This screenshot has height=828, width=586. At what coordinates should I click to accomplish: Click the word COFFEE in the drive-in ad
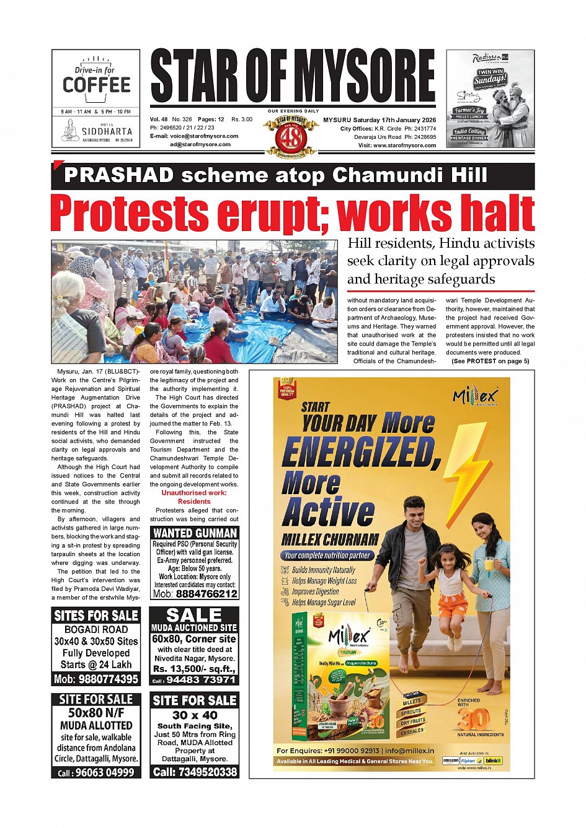click(x=96, y=85)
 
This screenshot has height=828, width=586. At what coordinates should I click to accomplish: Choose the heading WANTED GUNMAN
click(x=195, y=533)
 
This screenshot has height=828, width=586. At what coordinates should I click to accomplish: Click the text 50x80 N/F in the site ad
click(x=96, y=713)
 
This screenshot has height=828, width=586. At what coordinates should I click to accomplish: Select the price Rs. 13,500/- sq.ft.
click(x=194, y=669)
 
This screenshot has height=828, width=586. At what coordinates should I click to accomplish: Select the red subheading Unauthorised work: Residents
click(x=194, y=497)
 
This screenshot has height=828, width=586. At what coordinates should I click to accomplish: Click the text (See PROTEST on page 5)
click(x=490, y=361)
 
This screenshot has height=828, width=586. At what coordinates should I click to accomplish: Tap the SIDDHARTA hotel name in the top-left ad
click(x=107, y=131)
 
